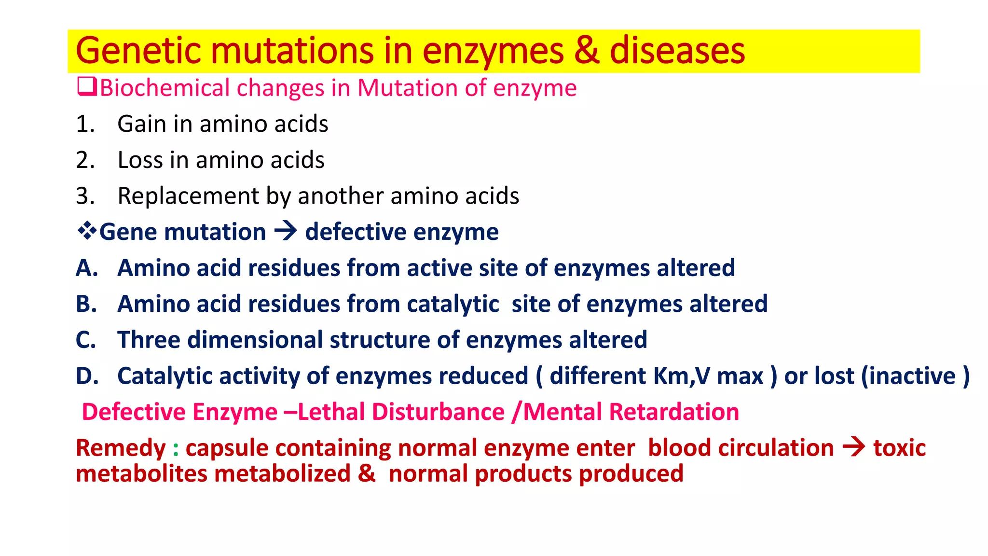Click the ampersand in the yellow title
point(587,51)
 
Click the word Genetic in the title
point(138,51)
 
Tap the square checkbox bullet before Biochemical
point(87,87)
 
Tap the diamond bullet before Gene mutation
point(87,231)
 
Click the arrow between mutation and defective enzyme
point(285,231)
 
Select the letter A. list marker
point(87,268)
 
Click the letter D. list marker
point(87,376)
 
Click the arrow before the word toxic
point(853,447)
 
